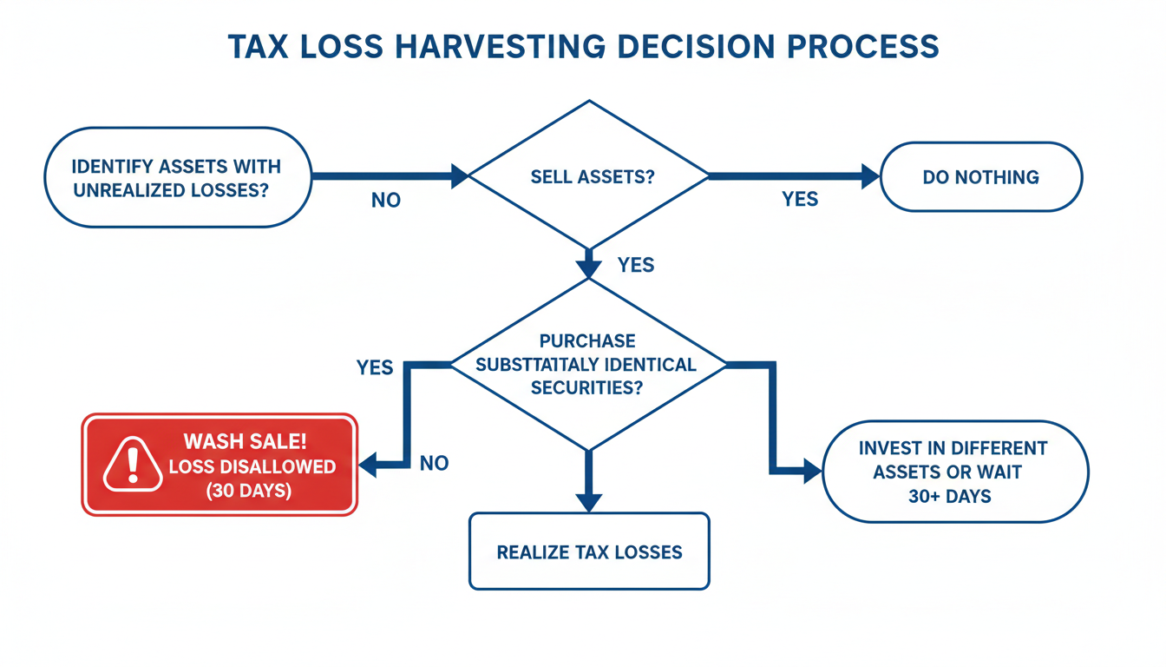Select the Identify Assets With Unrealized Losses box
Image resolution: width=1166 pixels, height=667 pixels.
click(177, 177)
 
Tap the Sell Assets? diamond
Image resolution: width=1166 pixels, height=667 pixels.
click(589, 176)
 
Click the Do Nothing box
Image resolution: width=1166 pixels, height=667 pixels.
click(981, 177)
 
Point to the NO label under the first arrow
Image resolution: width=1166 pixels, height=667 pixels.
click(386, 201)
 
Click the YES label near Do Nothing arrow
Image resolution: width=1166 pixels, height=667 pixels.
click(799, 199)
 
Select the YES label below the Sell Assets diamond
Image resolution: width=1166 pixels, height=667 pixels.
click(636, 265)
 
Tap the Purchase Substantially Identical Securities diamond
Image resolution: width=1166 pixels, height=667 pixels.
click(587, 364)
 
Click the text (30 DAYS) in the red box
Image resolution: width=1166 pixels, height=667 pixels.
click(248, 491)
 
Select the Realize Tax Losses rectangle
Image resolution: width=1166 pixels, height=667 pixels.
click(589, 551)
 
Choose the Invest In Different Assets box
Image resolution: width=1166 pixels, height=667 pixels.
click(954, 472)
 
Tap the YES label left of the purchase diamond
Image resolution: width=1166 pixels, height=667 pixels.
click(375, 368)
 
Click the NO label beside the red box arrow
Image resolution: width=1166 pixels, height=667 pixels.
click(434, 463)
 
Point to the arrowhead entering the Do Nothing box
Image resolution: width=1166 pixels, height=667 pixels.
click(869, 176)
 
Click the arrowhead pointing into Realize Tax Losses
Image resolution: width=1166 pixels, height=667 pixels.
click(588, 502)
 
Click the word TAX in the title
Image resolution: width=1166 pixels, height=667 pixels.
click(257, 46)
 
